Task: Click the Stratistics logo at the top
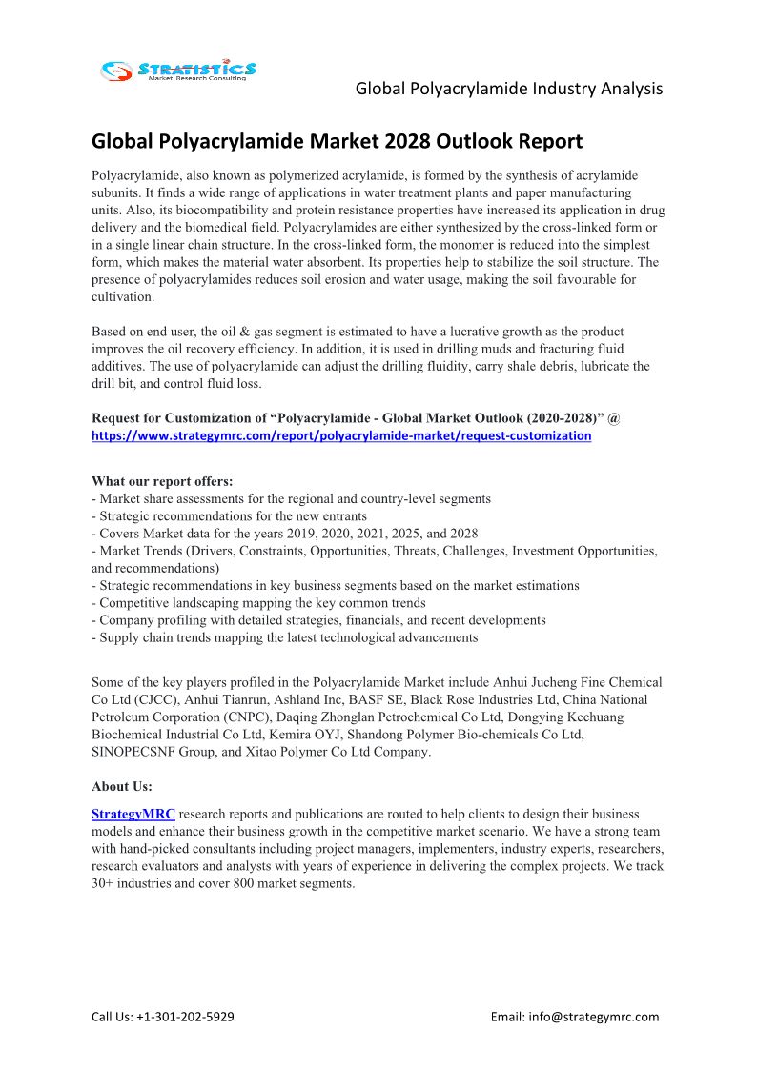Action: [178, 70]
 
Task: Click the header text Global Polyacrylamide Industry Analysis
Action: [508, 89]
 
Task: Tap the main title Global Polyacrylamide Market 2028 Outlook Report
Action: [337, 142]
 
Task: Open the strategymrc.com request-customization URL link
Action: [340, 435]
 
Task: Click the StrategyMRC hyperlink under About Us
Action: [133, 815]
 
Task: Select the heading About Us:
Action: [121, 786]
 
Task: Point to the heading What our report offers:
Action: [161, 481]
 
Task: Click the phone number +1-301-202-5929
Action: [186, 1016]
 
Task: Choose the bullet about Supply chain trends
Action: [284, 636]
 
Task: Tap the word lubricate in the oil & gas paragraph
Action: [594, 366]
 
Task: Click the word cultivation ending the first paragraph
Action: [121, 296]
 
